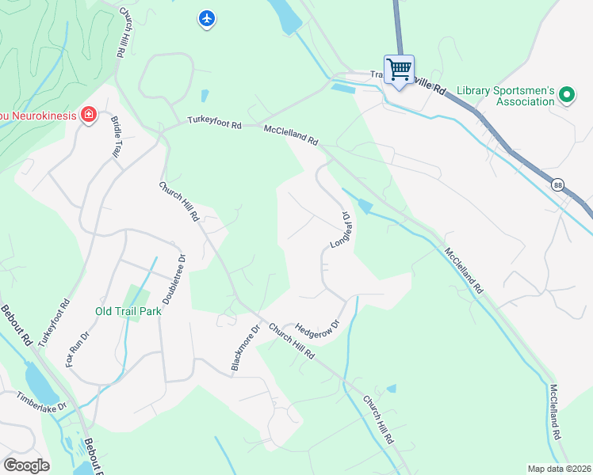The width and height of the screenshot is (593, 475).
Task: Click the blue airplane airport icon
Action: point(207,17)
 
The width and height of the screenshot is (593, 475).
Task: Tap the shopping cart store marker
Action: point(399,69)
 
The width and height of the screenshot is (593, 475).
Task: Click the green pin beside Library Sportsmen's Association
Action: point(566,95)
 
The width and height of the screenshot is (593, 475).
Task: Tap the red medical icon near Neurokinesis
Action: point(88,116)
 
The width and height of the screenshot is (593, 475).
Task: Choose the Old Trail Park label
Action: point(128,311)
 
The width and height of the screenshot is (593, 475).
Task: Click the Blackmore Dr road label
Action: point(245,348)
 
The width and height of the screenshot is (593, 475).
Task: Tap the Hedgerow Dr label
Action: point(316,329)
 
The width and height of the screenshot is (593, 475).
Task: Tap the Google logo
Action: point(26,465)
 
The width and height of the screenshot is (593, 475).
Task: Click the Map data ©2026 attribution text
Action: point(558,469)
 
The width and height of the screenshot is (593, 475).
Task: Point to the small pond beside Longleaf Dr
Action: point(364,207)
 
